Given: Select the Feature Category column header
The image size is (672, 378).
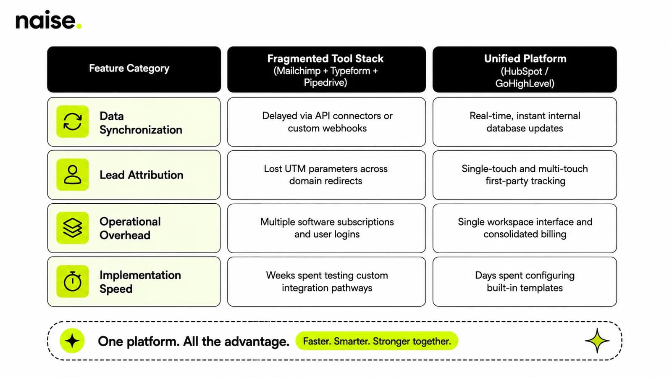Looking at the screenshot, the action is [134, 69].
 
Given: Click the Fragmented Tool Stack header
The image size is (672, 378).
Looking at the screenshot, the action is [326, 69].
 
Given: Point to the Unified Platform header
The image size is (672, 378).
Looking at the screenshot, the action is [525, 69].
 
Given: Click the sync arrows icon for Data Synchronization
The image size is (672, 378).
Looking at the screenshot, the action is [73, 121].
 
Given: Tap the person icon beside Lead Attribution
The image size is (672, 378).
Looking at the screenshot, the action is [73, 175].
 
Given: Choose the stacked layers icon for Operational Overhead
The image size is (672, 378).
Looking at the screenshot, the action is [73, 228].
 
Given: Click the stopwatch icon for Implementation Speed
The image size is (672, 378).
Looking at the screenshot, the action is [73, 281].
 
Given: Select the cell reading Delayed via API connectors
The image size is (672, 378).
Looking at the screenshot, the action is [326, 122].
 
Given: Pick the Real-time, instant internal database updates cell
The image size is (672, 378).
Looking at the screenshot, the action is [525, 122].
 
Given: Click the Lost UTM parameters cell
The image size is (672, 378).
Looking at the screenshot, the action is [326, 175].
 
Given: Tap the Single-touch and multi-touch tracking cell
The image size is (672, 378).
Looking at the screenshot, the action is [525, 175].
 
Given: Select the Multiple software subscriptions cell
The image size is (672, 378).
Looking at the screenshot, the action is [326, 228].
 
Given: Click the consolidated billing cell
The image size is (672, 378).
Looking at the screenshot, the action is [525, 228].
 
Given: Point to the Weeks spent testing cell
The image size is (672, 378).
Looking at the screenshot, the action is [326, 281].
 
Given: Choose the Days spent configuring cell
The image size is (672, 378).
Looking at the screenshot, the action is [525, 281].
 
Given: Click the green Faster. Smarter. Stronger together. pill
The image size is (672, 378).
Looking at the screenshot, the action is [377, 341].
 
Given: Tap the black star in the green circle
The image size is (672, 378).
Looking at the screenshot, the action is [72, 341].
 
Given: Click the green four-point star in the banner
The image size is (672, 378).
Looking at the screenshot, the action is [597, 341].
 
